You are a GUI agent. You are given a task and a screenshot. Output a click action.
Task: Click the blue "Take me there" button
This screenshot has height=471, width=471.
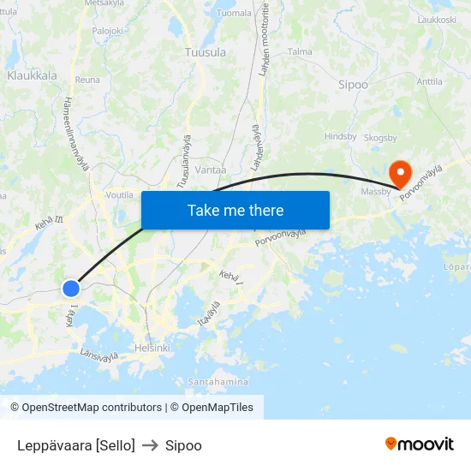235,210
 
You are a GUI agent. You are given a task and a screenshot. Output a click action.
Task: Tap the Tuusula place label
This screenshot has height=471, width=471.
206,52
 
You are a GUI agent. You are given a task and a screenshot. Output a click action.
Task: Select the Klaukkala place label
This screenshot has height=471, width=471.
32,75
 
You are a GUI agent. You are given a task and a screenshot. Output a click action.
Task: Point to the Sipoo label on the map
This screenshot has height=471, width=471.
353,85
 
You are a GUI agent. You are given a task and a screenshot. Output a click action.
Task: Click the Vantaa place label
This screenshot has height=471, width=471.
210,170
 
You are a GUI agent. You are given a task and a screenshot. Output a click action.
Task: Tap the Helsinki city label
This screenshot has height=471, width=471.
152,348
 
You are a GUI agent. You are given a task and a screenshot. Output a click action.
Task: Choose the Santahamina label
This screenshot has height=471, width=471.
218,381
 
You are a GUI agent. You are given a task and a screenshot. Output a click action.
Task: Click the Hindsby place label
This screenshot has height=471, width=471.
340,136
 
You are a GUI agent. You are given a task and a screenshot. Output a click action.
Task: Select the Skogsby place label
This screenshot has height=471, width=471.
380,137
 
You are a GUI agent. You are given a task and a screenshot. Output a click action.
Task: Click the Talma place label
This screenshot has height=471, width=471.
300,51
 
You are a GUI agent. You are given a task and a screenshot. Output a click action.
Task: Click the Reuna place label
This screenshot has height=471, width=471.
87,79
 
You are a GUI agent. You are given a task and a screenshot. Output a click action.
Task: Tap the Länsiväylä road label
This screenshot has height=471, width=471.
98,353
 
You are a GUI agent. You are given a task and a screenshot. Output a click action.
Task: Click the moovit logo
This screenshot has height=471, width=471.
420,444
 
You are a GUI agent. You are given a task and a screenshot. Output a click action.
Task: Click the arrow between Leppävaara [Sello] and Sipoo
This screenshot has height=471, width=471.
150,445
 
